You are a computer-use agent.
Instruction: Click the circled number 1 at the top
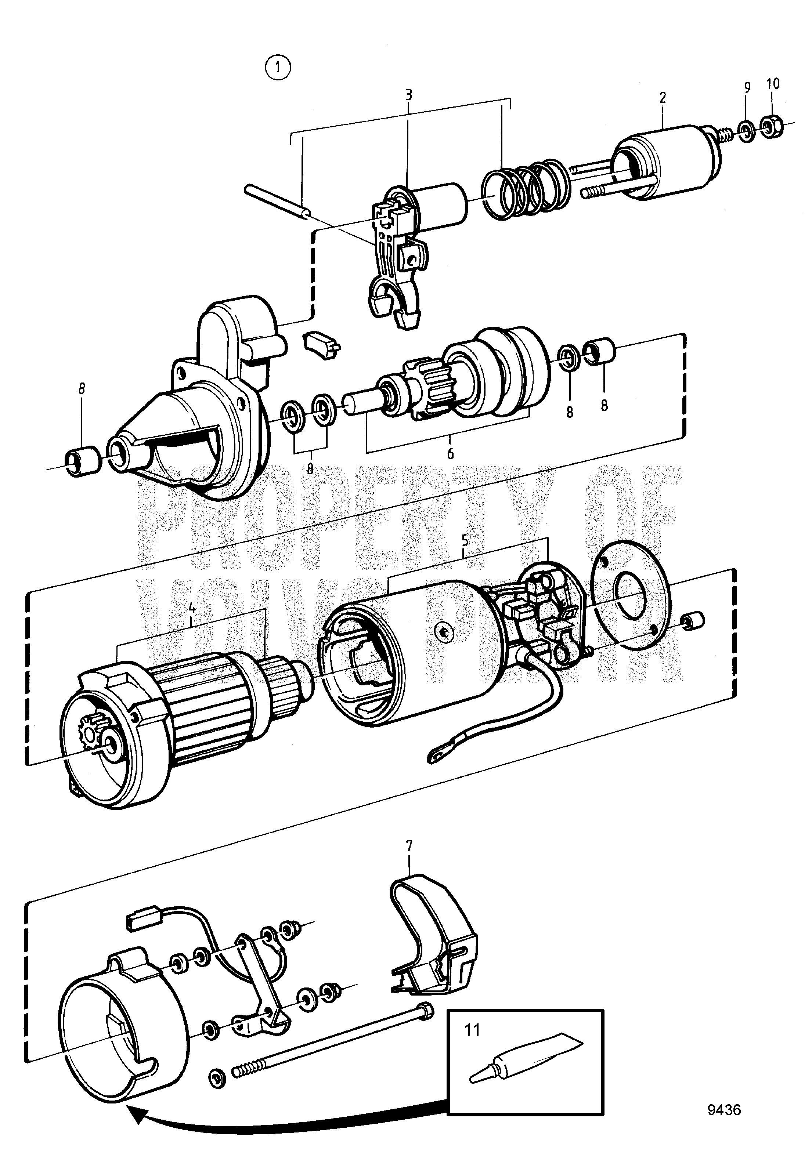point(278,68)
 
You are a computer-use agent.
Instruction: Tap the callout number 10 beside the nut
point(773,84)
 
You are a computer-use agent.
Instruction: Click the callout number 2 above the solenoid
point(663,98)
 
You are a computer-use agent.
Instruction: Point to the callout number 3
point(409,95)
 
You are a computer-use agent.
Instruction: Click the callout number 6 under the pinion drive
point(450,454)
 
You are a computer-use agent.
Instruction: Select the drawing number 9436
point(724,1106)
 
